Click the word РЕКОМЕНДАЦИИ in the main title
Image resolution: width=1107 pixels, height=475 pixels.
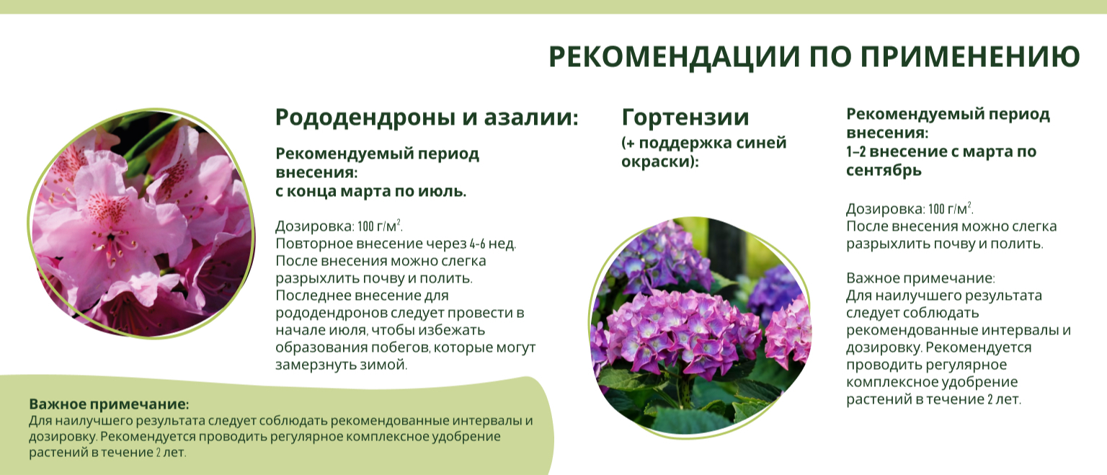pyautogui.click(x=674, y=56)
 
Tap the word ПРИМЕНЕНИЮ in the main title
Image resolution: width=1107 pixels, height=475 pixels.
pyautogui.click(x=970, y=56)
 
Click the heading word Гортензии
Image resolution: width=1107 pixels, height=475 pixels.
pyautogui.click(x=685, y=117)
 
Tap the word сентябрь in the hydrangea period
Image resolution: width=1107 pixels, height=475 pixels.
pyautogui.click(x=884, y=171)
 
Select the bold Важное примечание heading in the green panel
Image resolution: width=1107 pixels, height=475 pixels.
pyautogui.click(x=109, y=404)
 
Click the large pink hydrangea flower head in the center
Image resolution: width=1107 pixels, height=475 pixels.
pyautogui.click(x=684, y=329)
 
